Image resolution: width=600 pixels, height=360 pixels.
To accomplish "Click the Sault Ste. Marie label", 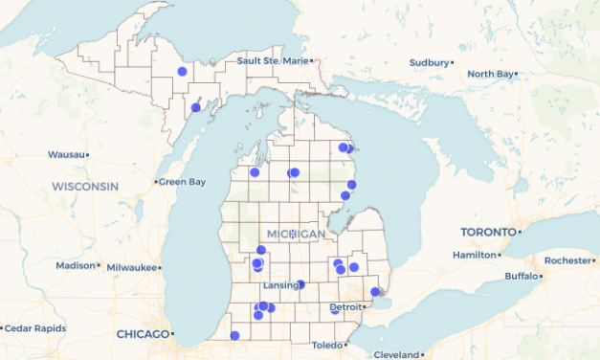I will click(273, 61).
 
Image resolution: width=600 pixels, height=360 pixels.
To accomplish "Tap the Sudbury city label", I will click(429, 62).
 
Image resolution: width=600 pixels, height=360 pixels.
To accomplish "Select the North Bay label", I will click(491, 74).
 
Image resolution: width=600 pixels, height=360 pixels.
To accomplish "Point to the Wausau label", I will click(66, 154).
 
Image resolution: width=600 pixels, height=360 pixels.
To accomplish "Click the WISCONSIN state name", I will click(85, 186).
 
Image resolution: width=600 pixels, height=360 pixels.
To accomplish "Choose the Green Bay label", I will click(182, 182).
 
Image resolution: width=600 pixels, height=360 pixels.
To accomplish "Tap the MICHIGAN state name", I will click(297, 235).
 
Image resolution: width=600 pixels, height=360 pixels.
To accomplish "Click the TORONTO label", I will click(488, 233).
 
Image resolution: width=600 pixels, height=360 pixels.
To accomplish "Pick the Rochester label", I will click(567, 260).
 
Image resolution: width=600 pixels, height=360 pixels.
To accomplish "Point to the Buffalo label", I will click(522, 277).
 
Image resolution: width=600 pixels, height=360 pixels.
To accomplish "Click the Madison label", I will click(76, 266).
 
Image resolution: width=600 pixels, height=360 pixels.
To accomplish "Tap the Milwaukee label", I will click(131, 267).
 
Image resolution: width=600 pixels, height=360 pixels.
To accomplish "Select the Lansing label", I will click(282, 285).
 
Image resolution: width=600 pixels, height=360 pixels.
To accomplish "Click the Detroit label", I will click(345, 306).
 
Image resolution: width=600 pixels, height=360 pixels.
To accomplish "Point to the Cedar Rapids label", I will click(37, 327).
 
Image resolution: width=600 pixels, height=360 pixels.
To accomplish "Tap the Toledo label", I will click(326, 345).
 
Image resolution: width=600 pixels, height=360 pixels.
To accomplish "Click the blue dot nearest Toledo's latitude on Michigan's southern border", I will click(234, 335).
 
